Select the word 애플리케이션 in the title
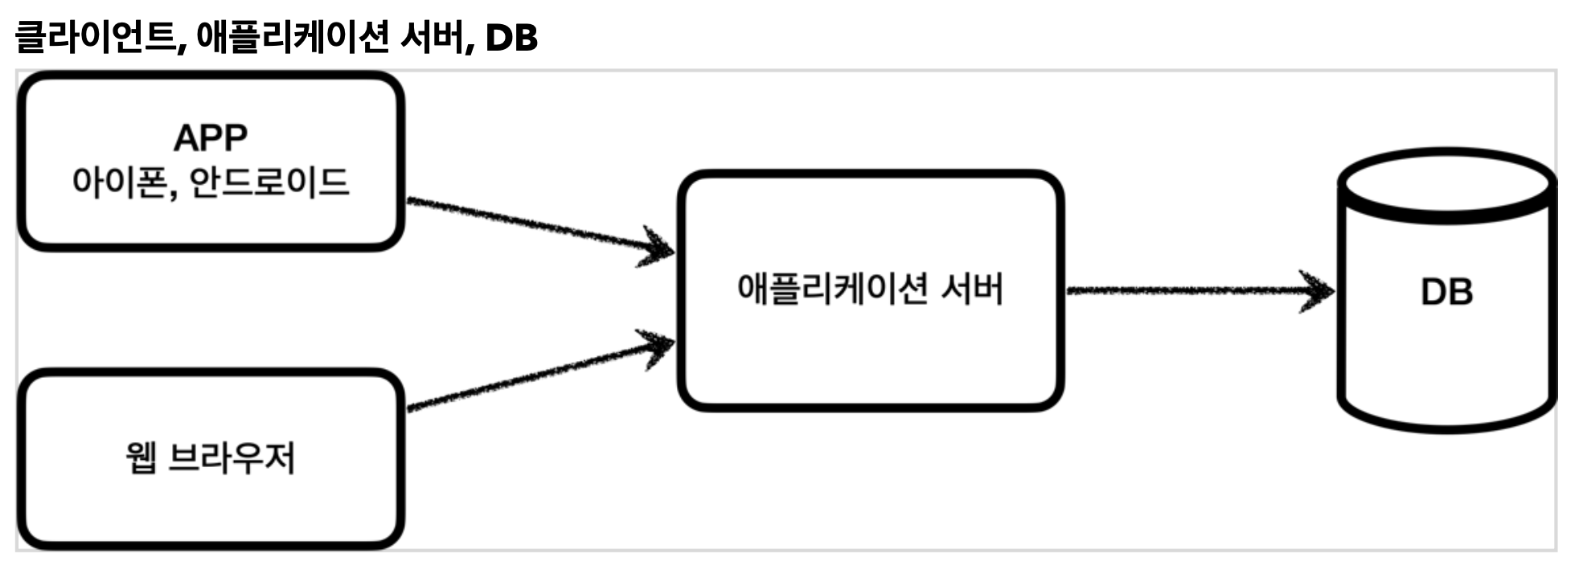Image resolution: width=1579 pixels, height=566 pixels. [292, 37]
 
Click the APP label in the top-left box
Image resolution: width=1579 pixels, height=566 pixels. [211, 137]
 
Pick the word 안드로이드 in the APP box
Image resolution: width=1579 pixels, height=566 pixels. [269, 182]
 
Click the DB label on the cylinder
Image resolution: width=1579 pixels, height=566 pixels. [1446, 292]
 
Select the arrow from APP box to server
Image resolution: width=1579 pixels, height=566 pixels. [531, 224]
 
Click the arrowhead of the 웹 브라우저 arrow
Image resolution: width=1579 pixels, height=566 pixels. [657, 346]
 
